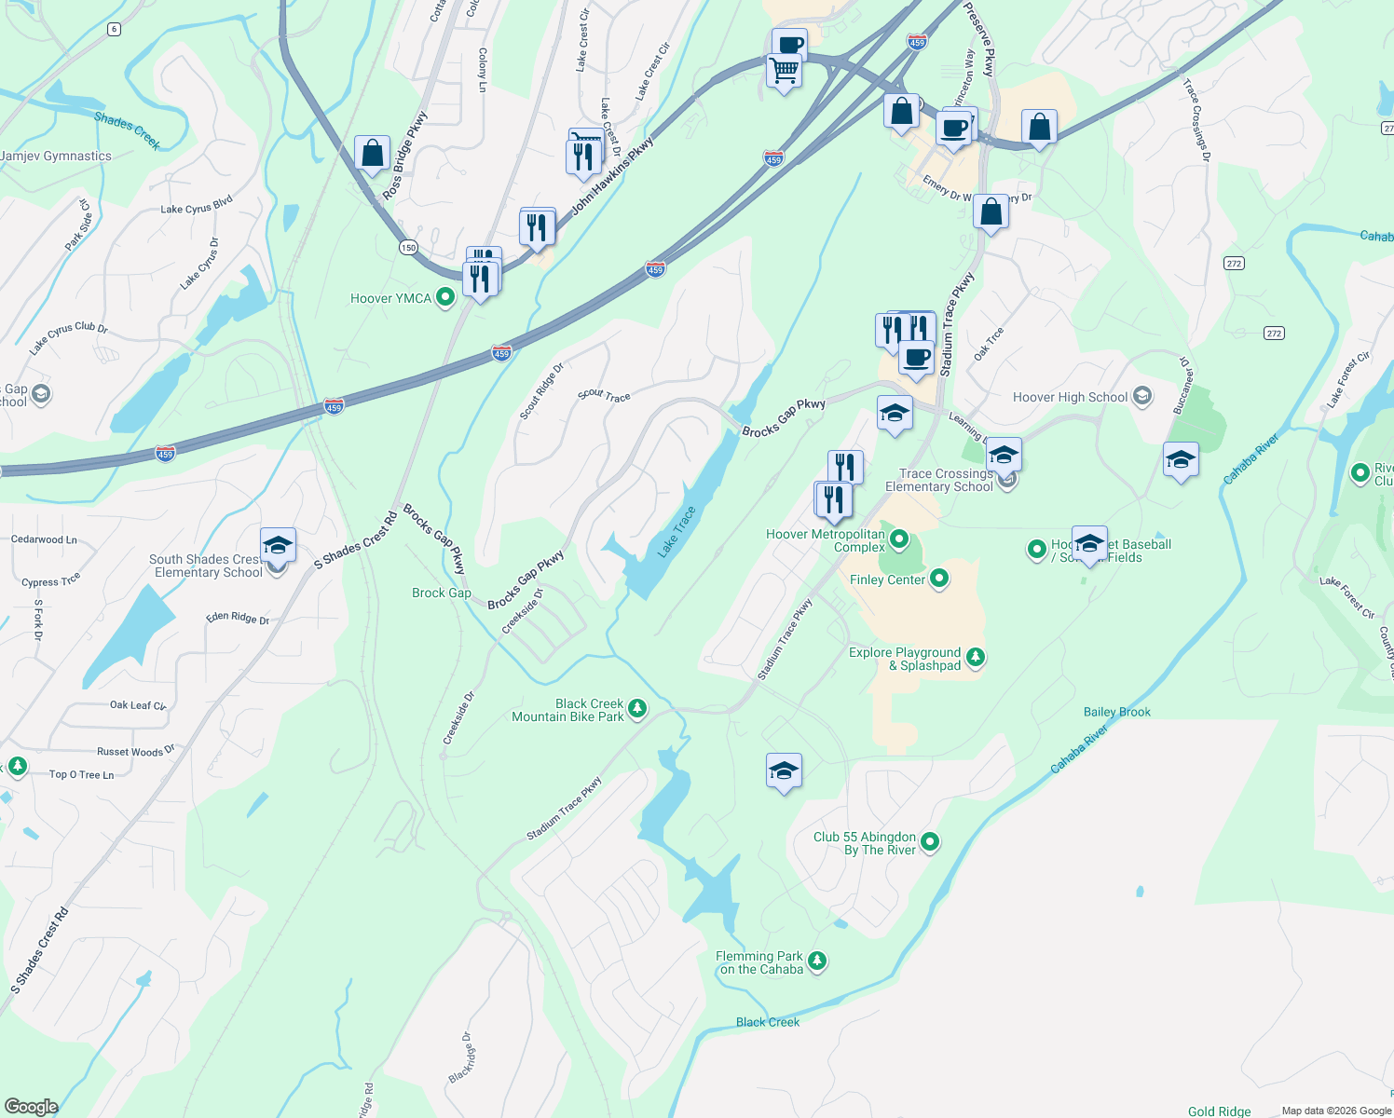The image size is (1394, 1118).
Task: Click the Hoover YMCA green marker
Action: [445, 298]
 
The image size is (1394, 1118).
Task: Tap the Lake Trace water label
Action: [676, 532]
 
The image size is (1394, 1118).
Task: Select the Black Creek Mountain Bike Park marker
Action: [637, 710]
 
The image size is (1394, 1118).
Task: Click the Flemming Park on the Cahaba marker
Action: [817, 961]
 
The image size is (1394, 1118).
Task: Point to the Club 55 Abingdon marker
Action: [930, 843]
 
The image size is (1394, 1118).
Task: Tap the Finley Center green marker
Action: [939, 579]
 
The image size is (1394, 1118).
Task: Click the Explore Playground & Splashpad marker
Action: [976, 658]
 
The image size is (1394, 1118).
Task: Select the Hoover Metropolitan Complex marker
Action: [899, 539]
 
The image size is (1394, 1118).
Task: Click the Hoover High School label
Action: [1070, 397]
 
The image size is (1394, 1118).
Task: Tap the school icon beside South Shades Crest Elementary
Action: [278, 545]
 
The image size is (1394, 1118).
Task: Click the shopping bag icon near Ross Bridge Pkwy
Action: [372, 154]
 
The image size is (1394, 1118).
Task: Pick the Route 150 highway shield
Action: [408, 247]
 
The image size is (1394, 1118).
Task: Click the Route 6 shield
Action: [114, 29]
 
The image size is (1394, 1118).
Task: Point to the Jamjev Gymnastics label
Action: [56, 156]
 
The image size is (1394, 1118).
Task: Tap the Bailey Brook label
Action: [1116, 712]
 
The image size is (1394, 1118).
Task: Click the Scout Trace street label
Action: [604, 395]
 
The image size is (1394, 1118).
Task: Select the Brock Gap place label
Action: [442, 593]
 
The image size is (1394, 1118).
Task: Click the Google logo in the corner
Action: [31, 1107]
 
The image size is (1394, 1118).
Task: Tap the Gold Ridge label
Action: [1219, 1111]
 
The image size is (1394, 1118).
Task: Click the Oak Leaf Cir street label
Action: [138, 705]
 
